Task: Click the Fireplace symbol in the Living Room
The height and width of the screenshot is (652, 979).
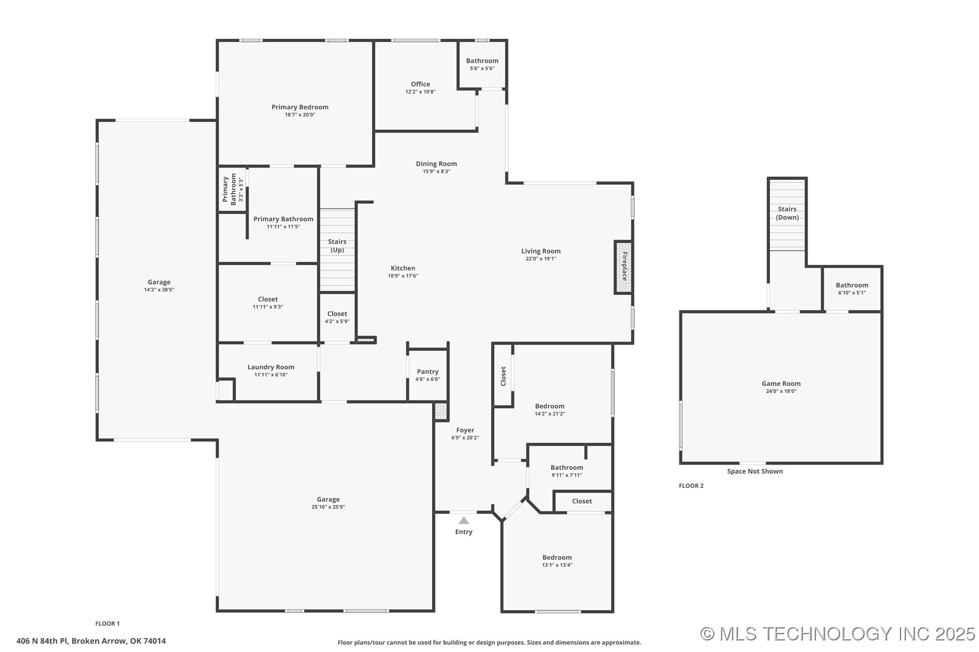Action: click(624, 267)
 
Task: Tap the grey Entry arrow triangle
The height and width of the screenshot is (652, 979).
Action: click(464, 520)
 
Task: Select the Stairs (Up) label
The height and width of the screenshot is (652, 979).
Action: click(337, 246)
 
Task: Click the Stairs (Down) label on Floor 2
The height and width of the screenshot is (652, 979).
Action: click(787, 213)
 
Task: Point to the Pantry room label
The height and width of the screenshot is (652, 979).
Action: click(427, 371)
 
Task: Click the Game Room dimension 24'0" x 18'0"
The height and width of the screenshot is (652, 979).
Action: click(781, 391)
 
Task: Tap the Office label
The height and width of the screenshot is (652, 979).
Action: click(420, 84)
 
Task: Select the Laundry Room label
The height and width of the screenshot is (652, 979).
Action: click(271, 367)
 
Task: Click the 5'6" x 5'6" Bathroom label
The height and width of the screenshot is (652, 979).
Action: click(482, 61)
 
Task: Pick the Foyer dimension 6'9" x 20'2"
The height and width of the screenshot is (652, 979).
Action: click(465, 438)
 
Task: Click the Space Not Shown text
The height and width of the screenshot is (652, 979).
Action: click(754, 471)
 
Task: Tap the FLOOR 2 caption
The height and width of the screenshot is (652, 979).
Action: click(691, 486)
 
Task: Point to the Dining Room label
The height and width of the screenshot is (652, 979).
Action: click(436, 164)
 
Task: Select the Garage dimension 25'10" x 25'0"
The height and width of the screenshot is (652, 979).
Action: click(328, 507)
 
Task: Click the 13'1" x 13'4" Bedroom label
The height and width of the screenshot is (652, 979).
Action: click(557, 558)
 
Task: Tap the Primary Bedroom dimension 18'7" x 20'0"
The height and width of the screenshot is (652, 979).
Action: click(300, 115)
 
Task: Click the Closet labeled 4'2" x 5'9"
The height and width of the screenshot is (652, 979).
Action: click(337, 314)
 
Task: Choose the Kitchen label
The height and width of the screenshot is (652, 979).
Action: click(402, 268)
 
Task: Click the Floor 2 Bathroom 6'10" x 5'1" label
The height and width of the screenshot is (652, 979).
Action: click(852, 285)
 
